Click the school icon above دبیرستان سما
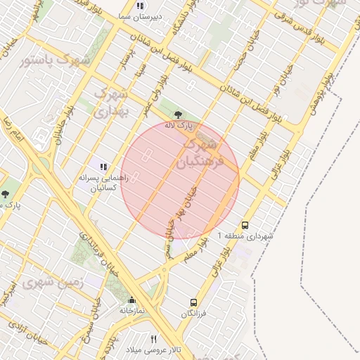[140, 6]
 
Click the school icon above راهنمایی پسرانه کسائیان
[103, 167]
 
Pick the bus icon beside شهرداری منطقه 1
[245, 226]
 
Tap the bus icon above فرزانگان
[193, 303]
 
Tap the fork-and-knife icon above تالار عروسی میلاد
[153, 339]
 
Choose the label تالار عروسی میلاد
[153, 349]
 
